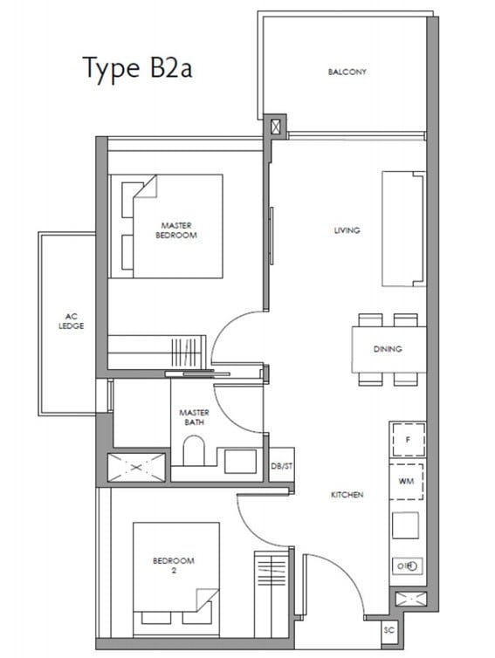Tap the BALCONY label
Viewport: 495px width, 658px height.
point(347,72)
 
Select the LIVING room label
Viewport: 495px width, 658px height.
point(347,230)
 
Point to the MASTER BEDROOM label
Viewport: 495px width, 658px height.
point(176,230)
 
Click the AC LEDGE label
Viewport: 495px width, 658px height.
point(71,321)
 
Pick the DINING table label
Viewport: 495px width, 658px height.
point(388,349)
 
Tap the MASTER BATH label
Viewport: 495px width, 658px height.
point(194,417)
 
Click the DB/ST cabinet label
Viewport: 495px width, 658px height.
point(282,466)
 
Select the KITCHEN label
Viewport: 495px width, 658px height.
point(347,495)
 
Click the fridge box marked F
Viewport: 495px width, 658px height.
point(408,440)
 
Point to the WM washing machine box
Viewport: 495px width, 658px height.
point(406,482)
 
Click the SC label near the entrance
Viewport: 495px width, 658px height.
point(389,630)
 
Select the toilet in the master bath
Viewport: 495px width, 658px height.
point(194,450)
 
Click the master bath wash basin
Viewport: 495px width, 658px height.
point(240,462)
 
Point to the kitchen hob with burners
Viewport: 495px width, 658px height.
point(407,566)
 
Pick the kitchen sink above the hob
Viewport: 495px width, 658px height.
point(405,525)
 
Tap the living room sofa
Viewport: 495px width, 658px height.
point(403,229)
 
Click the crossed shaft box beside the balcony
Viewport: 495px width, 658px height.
point(275,127)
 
